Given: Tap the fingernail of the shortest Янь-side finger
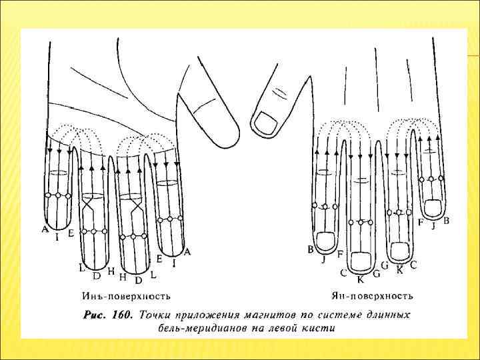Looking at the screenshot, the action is [433, 208].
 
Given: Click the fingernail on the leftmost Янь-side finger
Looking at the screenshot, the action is [327, 241].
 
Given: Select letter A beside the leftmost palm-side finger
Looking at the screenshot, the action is [45, 229].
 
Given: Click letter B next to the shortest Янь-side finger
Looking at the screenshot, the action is [446, 221].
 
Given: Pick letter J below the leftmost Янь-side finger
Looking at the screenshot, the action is [323, 259].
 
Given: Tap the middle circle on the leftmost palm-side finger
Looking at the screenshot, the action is [58, 195].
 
